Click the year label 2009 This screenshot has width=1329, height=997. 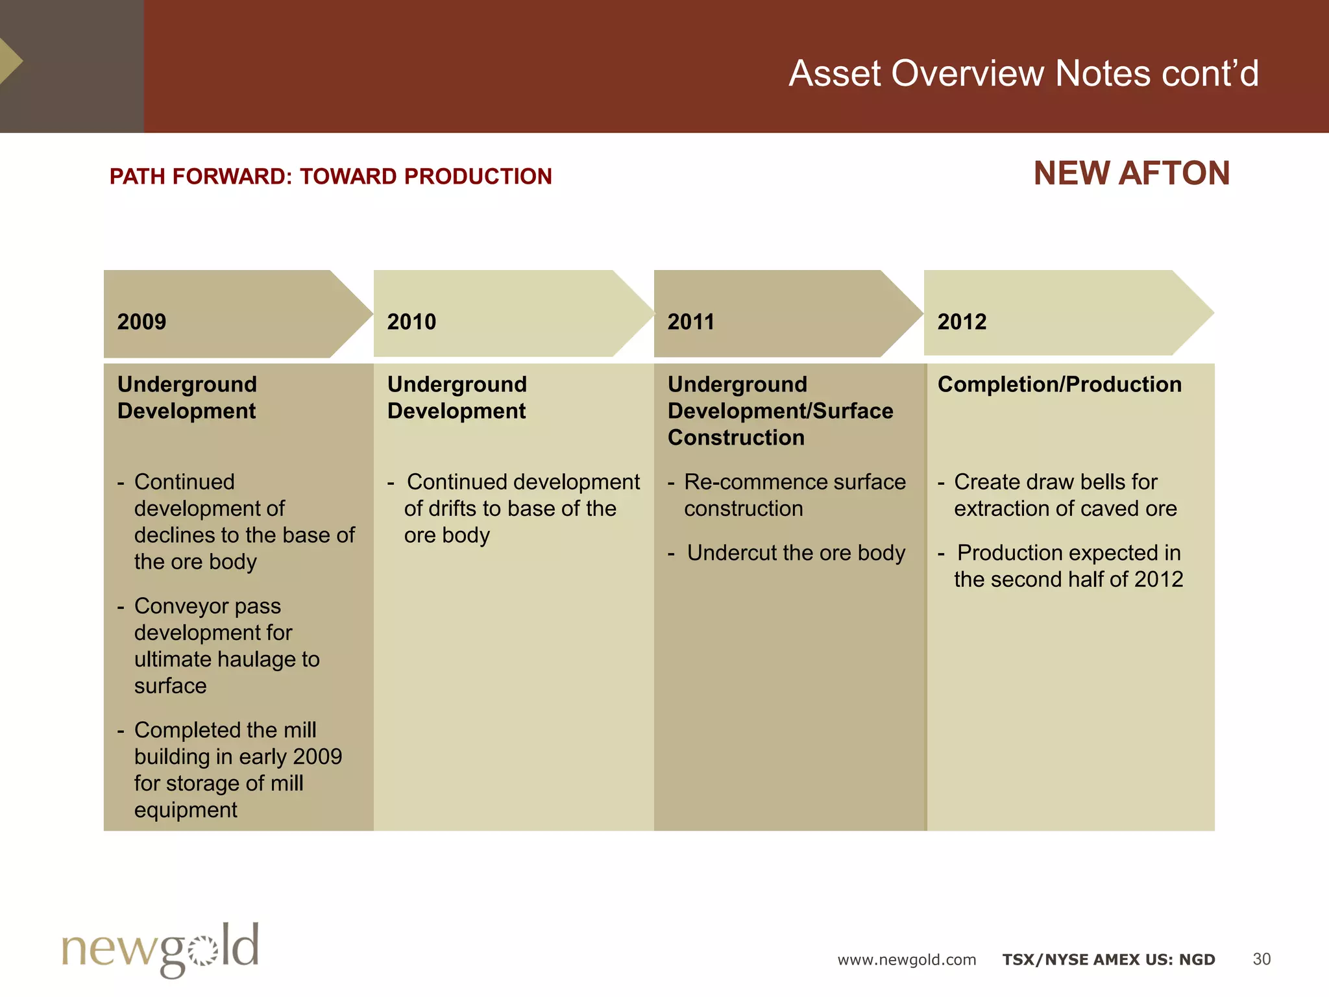click(x=141, y=322)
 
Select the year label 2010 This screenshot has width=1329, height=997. click(x=411, y=322)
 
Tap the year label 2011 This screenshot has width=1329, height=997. click(x=690, y=322)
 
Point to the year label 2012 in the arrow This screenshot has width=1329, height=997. click(x=962, y=322)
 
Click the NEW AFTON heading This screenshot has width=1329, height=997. click(x=1131, y=174)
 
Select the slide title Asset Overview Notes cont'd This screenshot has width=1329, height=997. click(x=1023, y=73)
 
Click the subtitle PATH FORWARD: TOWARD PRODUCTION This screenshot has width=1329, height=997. click(x=330, y=177)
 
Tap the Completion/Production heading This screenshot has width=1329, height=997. click(x=1059, y=384)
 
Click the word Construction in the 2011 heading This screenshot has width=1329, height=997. click(x=736, y=437)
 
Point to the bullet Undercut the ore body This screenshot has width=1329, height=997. click(x=796, y=553)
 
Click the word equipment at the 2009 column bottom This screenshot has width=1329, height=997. click(x=186, y=810)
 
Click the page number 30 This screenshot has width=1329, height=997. click(x=1261, y=959)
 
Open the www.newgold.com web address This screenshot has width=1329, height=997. click(x=907, y=960)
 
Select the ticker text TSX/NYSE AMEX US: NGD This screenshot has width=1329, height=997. click(x=1108, y=960)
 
